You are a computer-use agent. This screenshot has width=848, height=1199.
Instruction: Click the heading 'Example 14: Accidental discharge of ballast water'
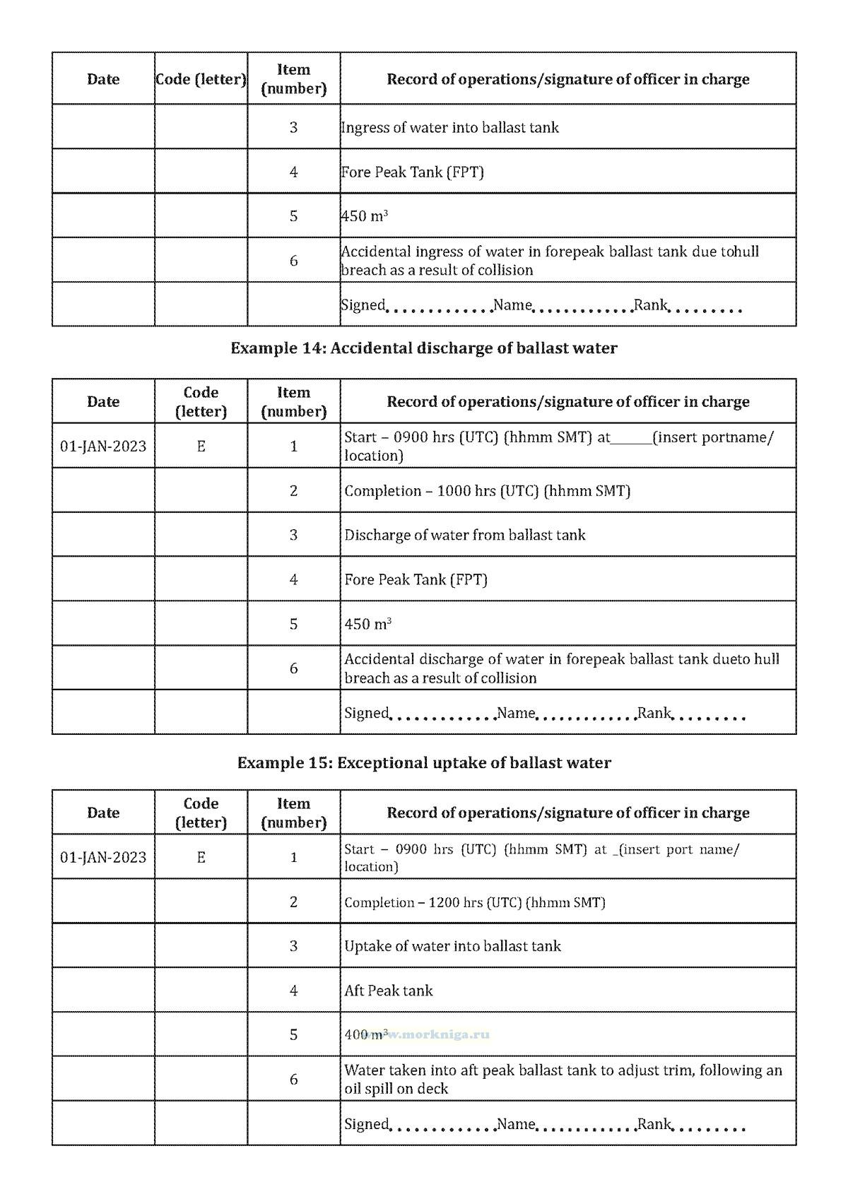(x=423, y=348)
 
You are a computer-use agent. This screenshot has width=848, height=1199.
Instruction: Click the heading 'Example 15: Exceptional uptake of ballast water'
(x=423, y=763)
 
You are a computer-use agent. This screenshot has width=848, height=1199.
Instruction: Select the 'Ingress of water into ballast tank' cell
(x=449, y=128)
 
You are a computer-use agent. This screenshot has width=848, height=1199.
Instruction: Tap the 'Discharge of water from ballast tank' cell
(x=464, y=535)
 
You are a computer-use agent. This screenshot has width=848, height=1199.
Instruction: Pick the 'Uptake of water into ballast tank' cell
(x=452, y=946)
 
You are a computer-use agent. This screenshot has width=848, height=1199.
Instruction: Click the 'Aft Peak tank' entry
(x=388, y=991)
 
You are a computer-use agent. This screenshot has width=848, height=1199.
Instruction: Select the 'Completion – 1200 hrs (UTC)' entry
(x=474, y=902)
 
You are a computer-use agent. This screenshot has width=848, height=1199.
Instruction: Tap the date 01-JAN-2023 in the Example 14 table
(x=103, y=447)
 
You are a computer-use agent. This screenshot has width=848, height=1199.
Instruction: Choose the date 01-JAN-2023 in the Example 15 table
(x=103, y=858)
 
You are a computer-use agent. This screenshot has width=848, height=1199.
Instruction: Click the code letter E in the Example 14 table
(x=201, y=447)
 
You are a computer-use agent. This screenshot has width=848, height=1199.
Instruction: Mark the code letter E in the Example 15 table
(x=201, y=858)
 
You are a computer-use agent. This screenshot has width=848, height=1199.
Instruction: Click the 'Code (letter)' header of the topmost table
(x=201, y=79)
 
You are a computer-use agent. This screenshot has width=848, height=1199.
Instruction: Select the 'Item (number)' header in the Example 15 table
(x=293, y=813)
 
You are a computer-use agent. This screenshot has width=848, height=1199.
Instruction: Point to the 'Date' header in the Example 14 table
(x=103, y=402)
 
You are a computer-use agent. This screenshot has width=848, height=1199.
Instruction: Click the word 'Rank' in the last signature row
(x=654, y=1124)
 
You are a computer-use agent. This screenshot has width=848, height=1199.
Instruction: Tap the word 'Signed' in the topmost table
(x=363, y=305)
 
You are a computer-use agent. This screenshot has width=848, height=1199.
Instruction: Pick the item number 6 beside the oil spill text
(x=293, y=1080)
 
